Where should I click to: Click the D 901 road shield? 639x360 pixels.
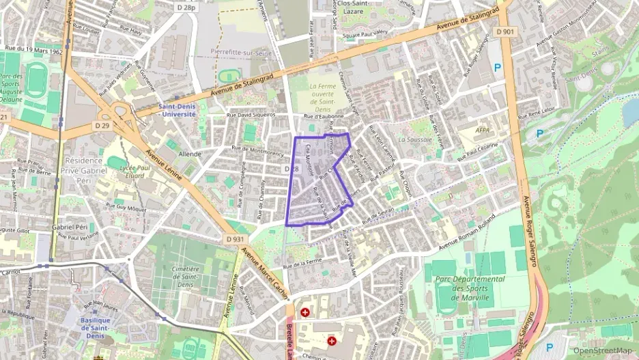click(x=506, y=31)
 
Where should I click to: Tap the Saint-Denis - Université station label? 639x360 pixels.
click(x=177, y=110)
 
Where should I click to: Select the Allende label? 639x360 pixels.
click(x=190, y=154)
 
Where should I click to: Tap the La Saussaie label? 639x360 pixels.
click(x=412, y=139)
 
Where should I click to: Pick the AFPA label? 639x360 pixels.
click(x=483, y=129)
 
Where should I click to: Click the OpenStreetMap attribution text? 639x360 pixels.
click(x=602, y=350)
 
